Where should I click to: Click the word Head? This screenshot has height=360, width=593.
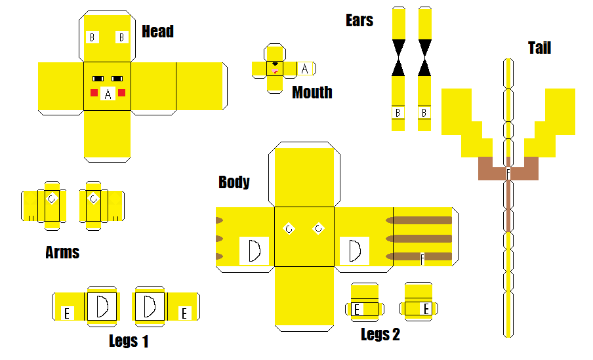pos(157,31)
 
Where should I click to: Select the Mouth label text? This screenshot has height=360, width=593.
pos(312,92)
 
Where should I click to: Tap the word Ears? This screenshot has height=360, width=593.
pos(359,20)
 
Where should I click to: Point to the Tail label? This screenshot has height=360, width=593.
pos(539,48)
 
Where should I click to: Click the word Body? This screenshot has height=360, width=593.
pos(234,182)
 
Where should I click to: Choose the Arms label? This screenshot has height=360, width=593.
pos(62,252)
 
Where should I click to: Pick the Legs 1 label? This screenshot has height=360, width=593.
pos(129,341)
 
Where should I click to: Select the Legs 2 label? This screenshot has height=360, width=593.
pos(380,335)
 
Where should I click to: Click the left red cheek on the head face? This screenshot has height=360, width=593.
pos(94,92)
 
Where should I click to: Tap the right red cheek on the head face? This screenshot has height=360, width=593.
pos(122,92)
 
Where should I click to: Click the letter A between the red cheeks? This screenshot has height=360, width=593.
pos(108,94)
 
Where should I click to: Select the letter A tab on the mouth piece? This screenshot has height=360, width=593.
pos(304,68)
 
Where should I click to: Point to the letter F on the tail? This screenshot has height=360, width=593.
pos(508,174)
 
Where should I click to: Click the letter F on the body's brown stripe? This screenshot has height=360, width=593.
pos(422,259)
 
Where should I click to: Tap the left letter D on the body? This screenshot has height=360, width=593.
pos(254,251)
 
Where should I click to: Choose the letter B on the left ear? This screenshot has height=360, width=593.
pos(398,113)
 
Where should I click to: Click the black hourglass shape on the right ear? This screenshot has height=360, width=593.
pos(424,58)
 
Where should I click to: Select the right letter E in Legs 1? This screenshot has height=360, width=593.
pos(184,313)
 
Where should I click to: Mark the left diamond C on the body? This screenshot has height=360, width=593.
pos(289,228)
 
